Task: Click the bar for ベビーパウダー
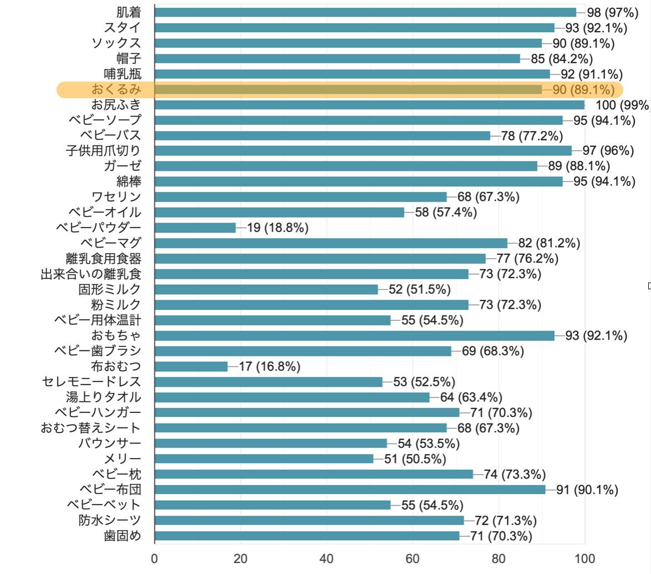tap(195, 228)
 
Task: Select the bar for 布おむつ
tap(191, 366)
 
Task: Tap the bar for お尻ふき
tap(369, 105)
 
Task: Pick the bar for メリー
tap(264, 459)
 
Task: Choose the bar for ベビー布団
tap(350, 490)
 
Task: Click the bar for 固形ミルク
tap(266, 289)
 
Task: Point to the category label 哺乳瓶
tap(123, 74)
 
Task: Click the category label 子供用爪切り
tap(103, 150)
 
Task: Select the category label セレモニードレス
tap(91, 382)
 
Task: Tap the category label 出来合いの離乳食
tap(91, 274)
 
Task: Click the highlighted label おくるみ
tap(116, 89)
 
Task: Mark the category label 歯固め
tap(123, 536)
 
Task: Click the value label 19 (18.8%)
tap(278, 228)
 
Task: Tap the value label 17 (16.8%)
tap(269, 366)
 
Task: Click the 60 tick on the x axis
tap(413, 558)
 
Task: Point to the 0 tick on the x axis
tap(155, 558)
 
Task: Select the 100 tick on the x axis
tap(584, 558)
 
